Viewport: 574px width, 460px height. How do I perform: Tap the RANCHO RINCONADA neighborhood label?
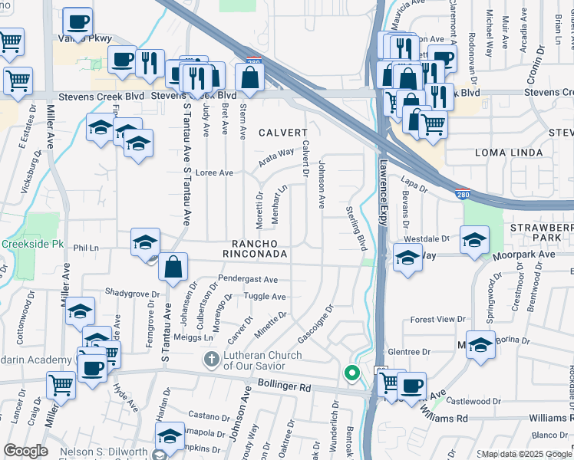click(x=255, y=247)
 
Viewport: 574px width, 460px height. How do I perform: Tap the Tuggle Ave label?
click(x=264, y=297)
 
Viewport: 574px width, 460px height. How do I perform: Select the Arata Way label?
click(x=275, y=156)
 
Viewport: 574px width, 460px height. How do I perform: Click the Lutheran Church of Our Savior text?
click(x=264, y=361)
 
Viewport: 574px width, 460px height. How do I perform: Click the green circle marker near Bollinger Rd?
click(x=352, y=373)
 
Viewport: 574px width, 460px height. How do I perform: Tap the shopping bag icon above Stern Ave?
click(x=249, y=77)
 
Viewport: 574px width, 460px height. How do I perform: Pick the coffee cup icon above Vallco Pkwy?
click(x=77, y=21)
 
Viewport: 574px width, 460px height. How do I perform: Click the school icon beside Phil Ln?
click(x=145, y=243)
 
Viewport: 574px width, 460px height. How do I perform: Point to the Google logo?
click(x=27, y=451)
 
